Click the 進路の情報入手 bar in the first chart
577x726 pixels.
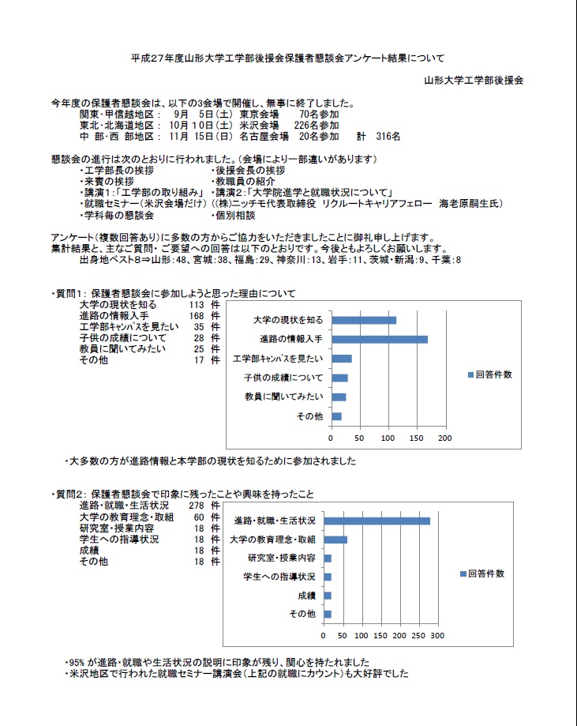click(x=379, y=339)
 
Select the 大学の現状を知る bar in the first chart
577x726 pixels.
click(x=363, y=320)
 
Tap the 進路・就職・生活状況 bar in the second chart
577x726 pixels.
click(x=377, y=521)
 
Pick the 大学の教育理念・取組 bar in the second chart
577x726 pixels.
click(x=335, y=540)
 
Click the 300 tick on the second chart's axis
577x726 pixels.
click(x=438, y=635)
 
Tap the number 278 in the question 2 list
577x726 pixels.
click(x=197, y=505)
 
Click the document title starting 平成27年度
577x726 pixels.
click(x=287, y=58)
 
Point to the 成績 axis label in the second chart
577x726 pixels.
click(x=306, y=596)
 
